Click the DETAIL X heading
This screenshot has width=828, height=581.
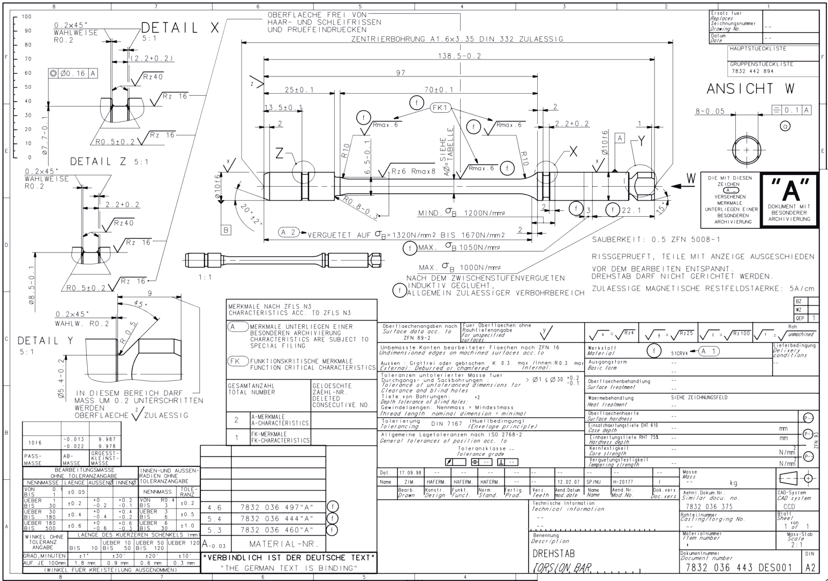[x=180, y=28]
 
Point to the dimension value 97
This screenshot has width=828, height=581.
[x=401, y=73]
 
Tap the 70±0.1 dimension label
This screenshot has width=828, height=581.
[x=438, y=90]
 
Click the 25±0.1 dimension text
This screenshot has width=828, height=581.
[x=299, y=90]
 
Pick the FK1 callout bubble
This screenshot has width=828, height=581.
[x=441, y=108]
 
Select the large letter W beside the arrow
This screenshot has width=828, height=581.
[x=691, y=178]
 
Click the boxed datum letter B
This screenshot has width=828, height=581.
[x=226, y=230]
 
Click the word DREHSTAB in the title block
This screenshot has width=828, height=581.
[x=553, y=553]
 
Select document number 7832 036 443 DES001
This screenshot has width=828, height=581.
[x=741, y=568]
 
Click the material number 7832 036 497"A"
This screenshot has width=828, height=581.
[x=276, y=507]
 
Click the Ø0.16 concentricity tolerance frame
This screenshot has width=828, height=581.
[x=73, y=73]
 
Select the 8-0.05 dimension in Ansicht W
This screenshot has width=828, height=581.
[x=710, y=111]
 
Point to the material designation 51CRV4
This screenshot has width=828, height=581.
[x=679, y=353]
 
